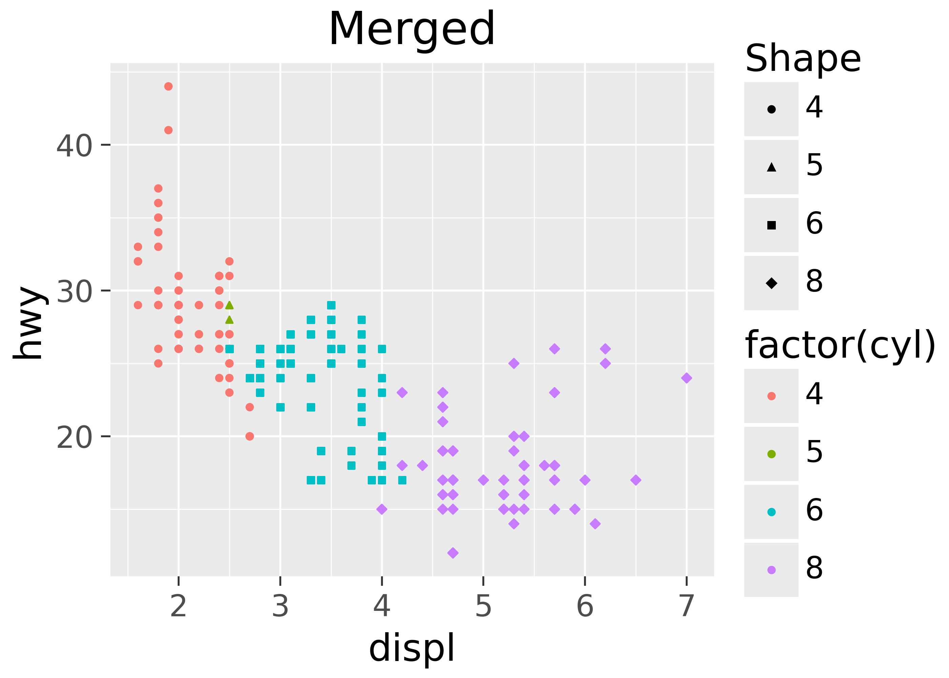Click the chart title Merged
tap(411, 29)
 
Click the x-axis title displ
tap(411, 647)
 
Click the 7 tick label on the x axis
tap(686, 606)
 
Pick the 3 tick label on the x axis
tap(280, 606)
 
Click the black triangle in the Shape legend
tap(771, 167)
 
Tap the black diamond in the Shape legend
tap(771, 283)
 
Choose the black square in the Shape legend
tap(771, 225)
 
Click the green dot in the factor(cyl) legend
tap(771, 454)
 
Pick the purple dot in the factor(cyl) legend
tap(771, 570)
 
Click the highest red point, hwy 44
tap(168, 86)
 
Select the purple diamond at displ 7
tap(686, 378)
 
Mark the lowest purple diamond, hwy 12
tap(453, 553)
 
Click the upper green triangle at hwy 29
tap(229, 305)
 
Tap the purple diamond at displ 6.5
tap(635, 480)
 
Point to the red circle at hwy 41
tap(168, 130)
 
